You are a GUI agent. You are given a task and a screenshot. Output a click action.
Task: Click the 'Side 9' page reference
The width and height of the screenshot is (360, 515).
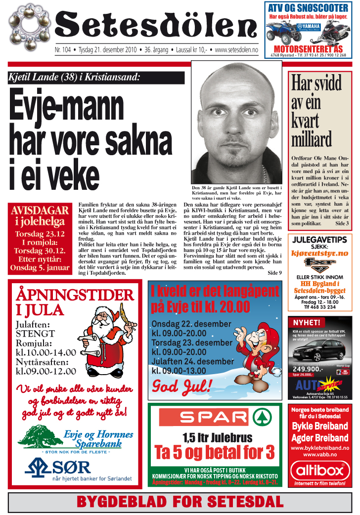274,272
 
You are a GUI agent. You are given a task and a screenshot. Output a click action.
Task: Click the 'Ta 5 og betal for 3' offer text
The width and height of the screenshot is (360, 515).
214,452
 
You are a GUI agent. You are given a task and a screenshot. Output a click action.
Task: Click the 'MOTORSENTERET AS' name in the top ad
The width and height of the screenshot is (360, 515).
308,49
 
